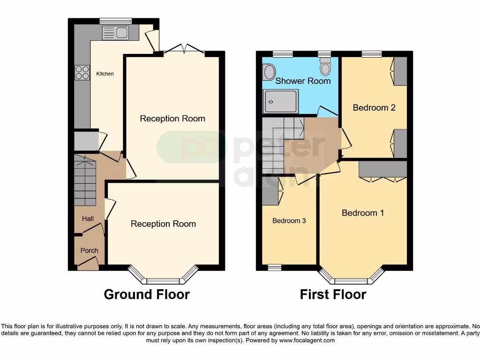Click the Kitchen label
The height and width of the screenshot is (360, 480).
[x=105, y=74]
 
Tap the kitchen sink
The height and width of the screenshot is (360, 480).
[x=115, y=33]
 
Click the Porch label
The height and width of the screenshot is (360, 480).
[x=89, y=250]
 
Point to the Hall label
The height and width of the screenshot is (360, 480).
[x=88, y=218]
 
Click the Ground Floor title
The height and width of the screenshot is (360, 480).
[x=146, y=294]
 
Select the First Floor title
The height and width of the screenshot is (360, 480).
[x=333, y=294]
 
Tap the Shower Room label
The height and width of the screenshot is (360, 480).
[x=303, y=81]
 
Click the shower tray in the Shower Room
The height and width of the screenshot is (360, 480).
[x=280, y=101]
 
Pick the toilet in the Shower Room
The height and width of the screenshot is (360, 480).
[x=325, y=68]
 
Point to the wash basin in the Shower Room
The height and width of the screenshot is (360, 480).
[x=270, y=72]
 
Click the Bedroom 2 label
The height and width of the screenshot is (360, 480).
[x=374, y=107]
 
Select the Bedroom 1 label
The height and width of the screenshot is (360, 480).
[x=363, y=213]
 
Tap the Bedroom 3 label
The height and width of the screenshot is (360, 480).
[x=289, y=220]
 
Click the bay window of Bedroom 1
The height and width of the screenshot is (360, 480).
[x=351, y=279]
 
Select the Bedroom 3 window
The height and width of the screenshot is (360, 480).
[x=274, y=267]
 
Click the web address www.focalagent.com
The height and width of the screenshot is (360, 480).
[x=307, y=340]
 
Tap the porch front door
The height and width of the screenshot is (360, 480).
[x=88, y=266]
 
